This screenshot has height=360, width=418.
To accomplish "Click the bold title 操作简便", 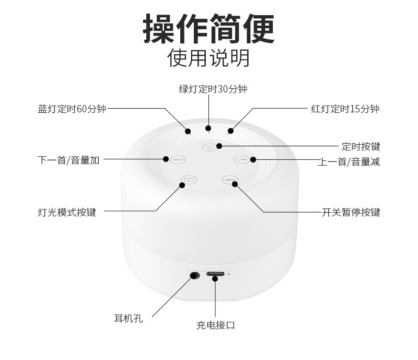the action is coord(208,29).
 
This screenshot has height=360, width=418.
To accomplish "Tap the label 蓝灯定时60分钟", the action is coord(72,109).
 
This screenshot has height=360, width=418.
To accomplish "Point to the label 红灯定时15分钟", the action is coord(345,109).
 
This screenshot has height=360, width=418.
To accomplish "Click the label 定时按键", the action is coord(361,146).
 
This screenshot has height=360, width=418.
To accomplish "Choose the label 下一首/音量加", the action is coord(68,160).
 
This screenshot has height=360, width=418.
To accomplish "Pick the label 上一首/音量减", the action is coord(349,162).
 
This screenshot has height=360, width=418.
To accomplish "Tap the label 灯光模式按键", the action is coord(67,213).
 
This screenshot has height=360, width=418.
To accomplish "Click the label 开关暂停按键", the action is coord(351,213).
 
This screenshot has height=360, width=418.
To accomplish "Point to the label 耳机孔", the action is coord(128,317).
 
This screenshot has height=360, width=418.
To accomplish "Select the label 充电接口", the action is coord(215,326).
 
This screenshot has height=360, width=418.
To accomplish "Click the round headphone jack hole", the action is coord(195,275).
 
